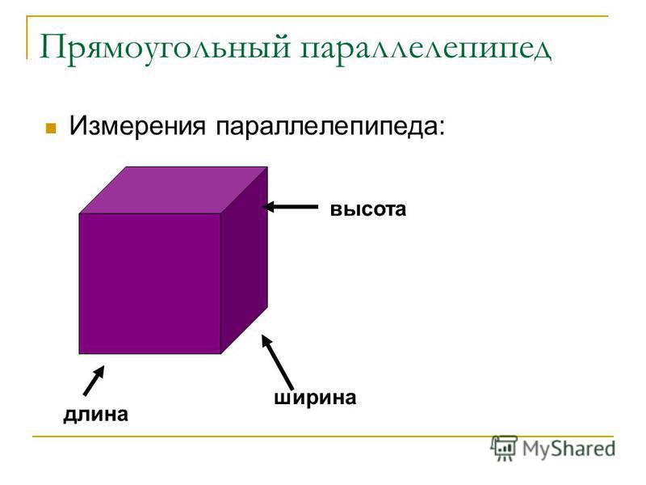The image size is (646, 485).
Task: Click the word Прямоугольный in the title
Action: [165, 48]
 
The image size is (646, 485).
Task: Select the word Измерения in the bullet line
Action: [137, 125]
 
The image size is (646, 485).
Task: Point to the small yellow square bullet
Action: [51, 128]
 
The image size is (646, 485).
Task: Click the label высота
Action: [368, 209]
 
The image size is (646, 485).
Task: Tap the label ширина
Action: [315, 398]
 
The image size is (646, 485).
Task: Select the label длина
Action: [95, 415]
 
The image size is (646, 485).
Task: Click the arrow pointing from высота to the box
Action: [290, 206]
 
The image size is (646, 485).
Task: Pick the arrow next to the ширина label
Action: [277, 362]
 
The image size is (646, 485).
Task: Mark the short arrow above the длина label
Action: [94, 380]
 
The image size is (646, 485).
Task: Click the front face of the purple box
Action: [150, 284]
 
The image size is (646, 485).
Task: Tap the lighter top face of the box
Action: [174, 190]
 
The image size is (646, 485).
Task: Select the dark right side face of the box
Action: [245, 259]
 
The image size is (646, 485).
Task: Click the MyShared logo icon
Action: [503, 448]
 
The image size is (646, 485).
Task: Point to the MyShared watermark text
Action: [569, 449]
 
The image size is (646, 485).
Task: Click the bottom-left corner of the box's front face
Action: [79, 353]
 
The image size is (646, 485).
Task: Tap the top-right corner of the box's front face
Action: [220, 213]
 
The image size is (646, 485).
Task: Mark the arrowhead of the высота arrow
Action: [267, 206]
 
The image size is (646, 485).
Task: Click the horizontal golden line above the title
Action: [317, 16]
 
